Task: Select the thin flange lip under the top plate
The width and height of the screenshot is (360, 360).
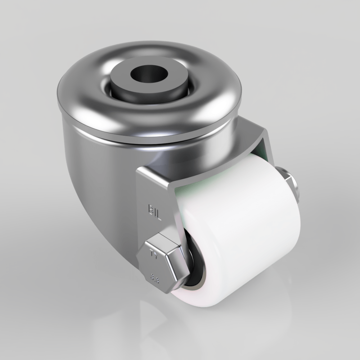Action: pyautogui.click(x=144, y=139)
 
